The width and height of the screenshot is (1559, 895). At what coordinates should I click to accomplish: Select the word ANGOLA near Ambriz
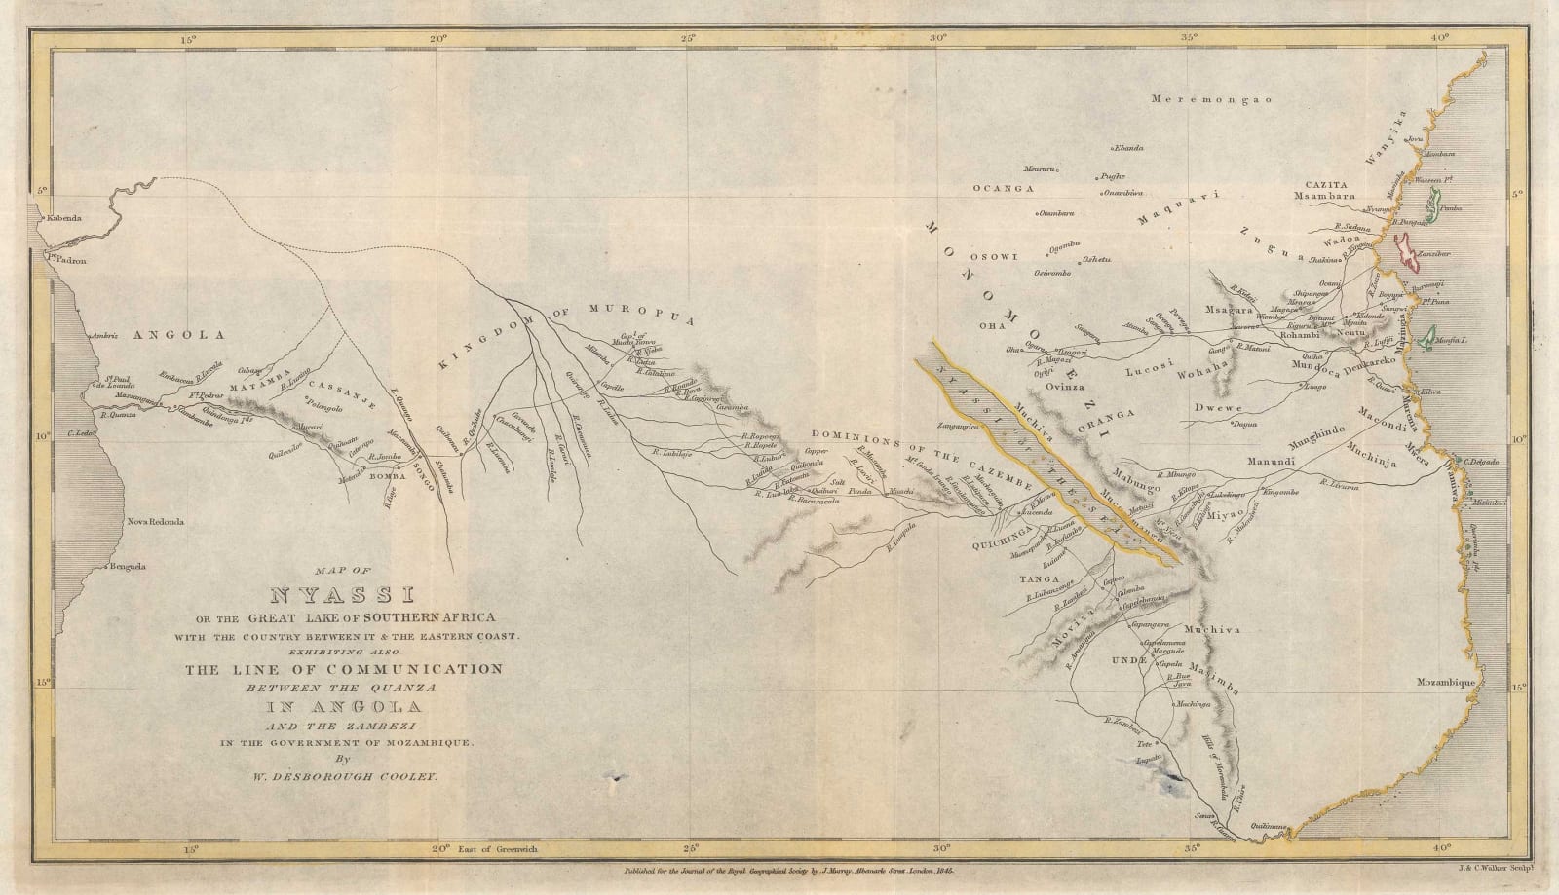[178, 334]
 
